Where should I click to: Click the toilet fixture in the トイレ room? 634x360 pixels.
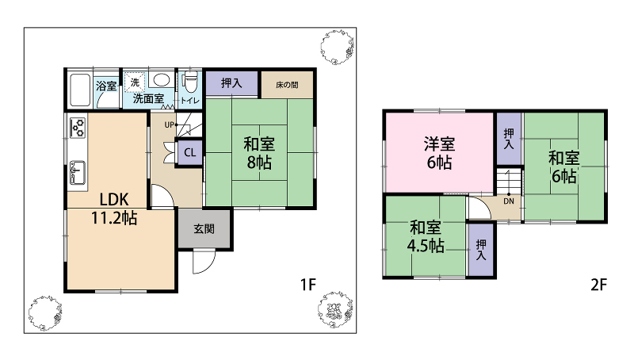190,82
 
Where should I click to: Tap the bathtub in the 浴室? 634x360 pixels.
80,90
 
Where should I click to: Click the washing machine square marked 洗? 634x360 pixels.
134,82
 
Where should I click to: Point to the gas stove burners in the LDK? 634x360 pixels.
78,128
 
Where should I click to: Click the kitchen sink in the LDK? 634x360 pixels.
77,172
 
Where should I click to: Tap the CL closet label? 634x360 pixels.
189,152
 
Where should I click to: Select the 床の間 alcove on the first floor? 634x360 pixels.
287,85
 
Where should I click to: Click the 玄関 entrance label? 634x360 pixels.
204,229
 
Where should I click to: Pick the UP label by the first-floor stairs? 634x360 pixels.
170,125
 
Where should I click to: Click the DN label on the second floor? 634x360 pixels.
509,201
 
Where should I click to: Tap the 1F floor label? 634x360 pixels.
307,285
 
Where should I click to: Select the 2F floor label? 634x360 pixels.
598,285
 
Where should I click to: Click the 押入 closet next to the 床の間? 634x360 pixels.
231,84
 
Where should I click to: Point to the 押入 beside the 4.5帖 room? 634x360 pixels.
481,250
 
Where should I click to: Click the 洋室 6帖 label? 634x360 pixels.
440,153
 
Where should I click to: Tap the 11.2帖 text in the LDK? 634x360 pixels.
114,218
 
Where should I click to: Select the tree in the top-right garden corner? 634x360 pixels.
338,47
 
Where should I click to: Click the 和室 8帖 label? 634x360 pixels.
259,153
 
